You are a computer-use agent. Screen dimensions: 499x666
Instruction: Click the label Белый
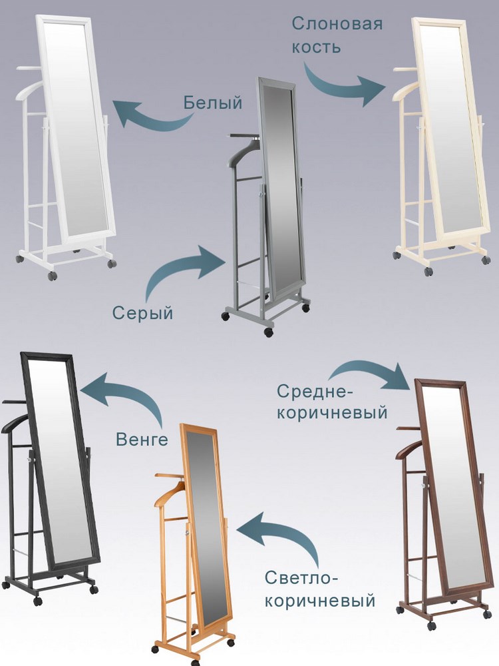pyautogui.click(x=213, y=103)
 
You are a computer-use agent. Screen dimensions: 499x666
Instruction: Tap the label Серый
pyautogui.click(x=142, y=313)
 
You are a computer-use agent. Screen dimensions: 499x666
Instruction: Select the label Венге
pyautogui.click(x=142, y=439)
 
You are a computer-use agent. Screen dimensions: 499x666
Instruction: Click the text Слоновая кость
pyautogui.click(x=337, y=35)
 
